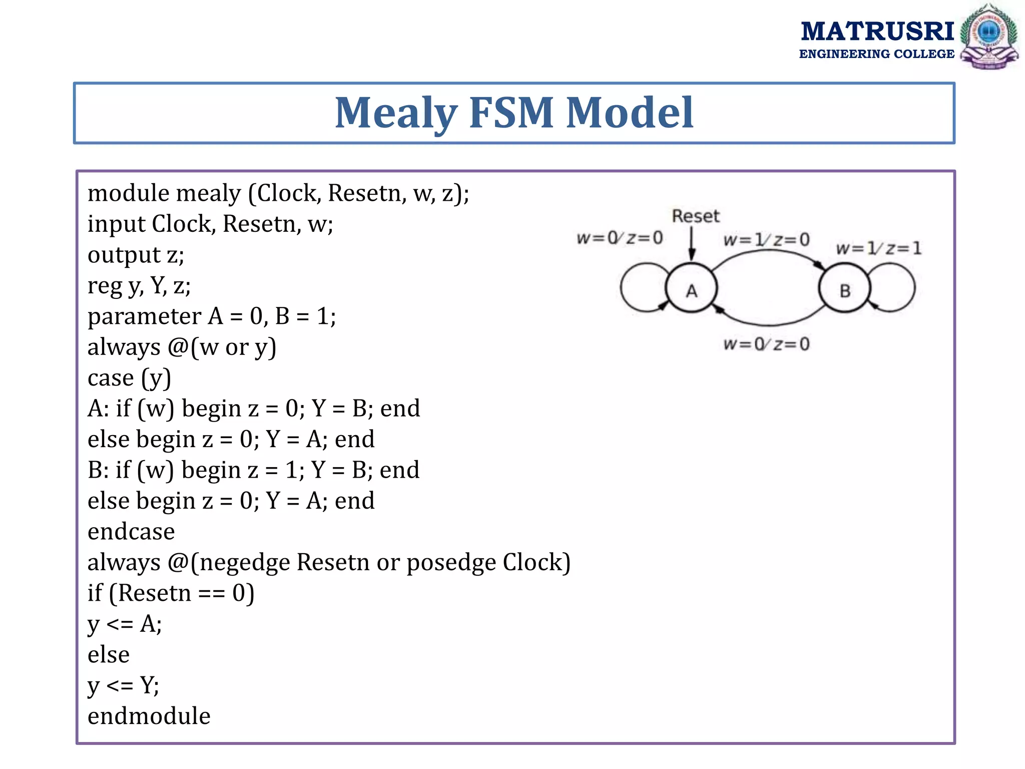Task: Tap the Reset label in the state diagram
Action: [x=695, y=216]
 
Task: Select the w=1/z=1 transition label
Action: [x=878, y=248]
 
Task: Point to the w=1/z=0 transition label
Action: [x=766, y=240]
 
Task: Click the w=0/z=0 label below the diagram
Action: [x=766, y=344]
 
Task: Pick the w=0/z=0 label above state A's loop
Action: [x=620, y=238]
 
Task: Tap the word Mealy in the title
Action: [x=395, y=113]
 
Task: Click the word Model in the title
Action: [x=630, y=113]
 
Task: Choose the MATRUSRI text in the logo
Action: [x=877, y=31]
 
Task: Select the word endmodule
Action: [x=149, y=716]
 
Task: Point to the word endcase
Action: [x=131, y=531]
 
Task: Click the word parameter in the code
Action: [x=144, y=316]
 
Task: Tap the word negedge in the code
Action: [x=245, y=562]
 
